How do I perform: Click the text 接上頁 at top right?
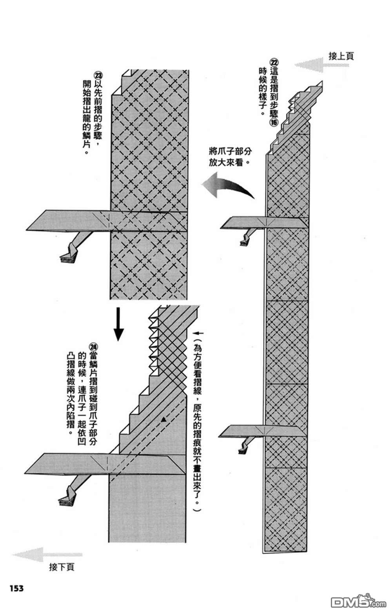point(341,56)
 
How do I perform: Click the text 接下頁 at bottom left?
point(62,567)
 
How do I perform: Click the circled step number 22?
point(274,62)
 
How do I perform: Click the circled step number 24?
point(93,347)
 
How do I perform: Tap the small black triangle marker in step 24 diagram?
point(164,420)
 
